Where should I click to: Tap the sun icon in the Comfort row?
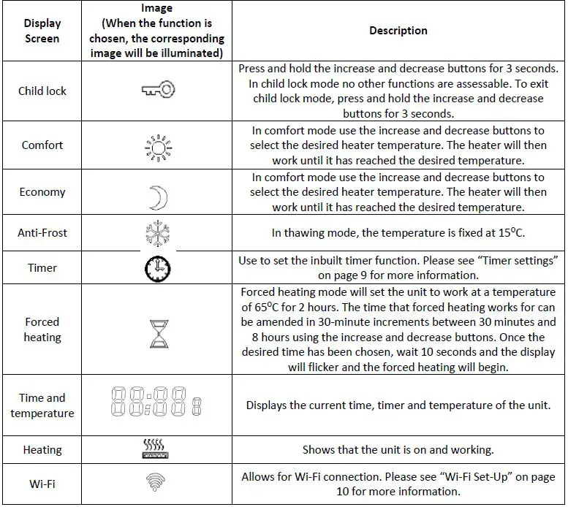[x=157, y=145]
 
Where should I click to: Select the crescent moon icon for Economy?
[x=157, y=196]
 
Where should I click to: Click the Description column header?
[x=398, y=31]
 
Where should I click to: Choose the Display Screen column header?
[x=42, y=31]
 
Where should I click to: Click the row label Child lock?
[x=42, y=91]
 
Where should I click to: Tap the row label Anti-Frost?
[x=42, y=233]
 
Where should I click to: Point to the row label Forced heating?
[x=42, y=329]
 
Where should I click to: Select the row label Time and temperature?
[x=42, y=405]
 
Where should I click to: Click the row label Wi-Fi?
[x=42, y=484]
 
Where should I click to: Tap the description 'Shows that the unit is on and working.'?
[x=398, y=450]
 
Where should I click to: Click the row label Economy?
[x=42, y=192]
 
